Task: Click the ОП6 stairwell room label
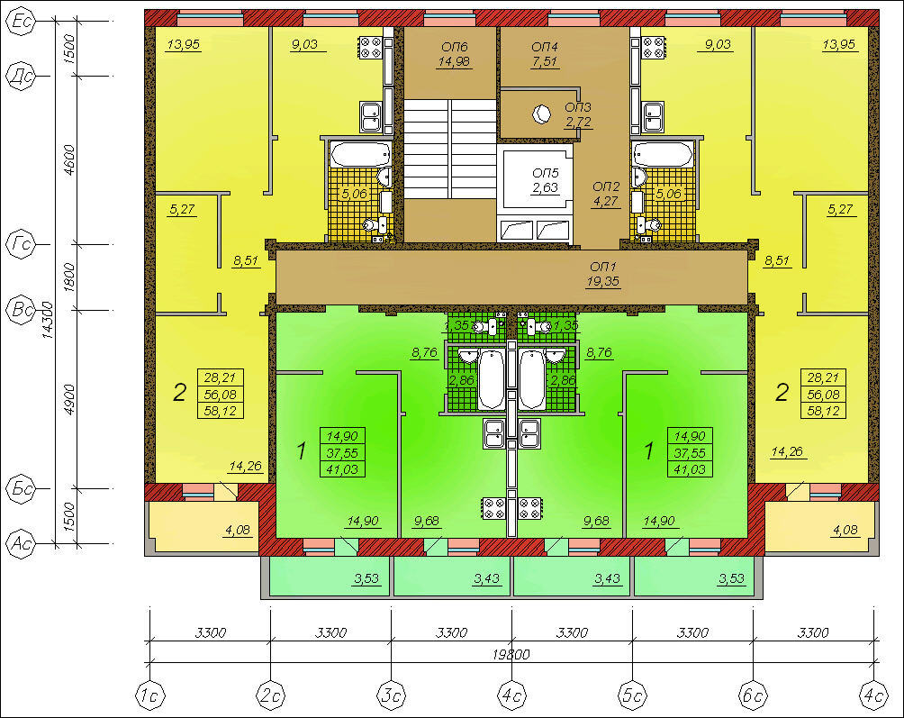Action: [x=455, y=47]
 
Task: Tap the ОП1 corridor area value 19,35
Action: [x=603, y=281]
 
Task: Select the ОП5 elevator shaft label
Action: [x=546, y=173]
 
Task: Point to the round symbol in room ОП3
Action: [x=541, y=114]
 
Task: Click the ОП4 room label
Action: [x=545, y=47]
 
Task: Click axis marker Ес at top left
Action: [x=21, y=22]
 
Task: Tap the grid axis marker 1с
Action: [x=150, y=695]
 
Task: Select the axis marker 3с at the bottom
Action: [x=392, y=695]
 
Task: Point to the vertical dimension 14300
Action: [x=48, y=320]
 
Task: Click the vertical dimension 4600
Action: [x=69, y=159]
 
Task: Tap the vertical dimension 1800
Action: [x=69, y=277]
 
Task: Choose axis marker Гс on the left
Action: [x=21, y=244]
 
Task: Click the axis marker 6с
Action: [x=753, y=695]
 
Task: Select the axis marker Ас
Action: [x=21, y=543]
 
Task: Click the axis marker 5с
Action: [x=632, y=695]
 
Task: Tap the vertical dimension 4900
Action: [x=69, y=399]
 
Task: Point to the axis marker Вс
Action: [x=21, y=310]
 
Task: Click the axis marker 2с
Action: [x=271, y=695]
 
